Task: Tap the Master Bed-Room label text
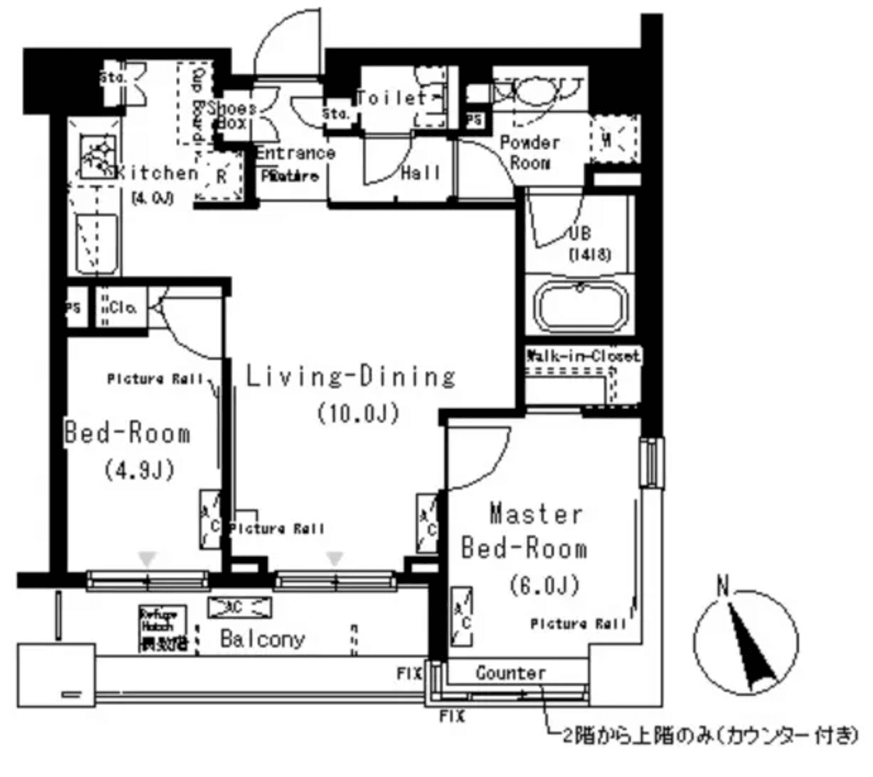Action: (x=525, y=531)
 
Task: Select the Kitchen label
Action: (x=157, y=173)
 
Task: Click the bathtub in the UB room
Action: (x=580, y=307)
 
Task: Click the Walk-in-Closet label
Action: (x=582, y=355)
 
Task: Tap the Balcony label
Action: (x=262, y=638)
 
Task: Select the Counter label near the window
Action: (x=511, y=673)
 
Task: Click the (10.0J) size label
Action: (x=357, y=413)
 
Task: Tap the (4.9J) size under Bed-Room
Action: (x=140, y=470)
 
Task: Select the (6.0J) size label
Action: (x=544, y=585)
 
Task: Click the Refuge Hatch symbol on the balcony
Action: (x=163, y=630)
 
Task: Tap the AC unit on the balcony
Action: (x=239, y=607)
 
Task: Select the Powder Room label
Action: (x=530, y=152)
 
